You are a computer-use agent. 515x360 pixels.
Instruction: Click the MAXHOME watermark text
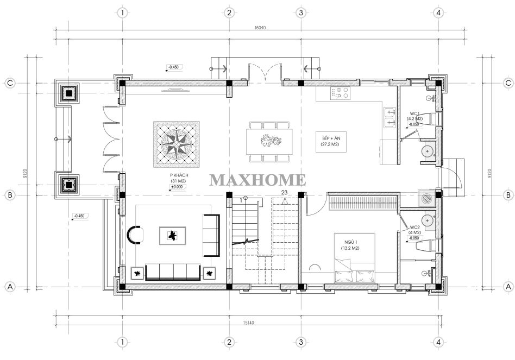point(257,180)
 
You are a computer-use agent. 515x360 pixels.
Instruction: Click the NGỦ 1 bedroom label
point(351,244)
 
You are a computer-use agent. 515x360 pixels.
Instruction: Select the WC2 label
point(414,229)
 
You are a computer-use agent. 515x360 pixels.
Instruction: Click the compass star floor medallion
point(177,144)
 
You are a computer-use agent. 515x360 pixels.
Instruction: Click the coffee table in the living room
point(172,236)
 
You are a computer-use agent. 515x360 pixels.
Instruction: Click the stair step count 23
point(285,193)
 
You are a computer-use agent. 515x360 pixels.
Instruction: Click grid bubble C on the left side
point(10,83)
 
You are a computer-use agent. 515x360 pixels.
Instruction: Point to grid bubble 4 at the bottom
point(438,342)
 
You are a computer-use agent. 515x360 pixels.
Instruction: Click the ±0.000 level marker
point(178,187)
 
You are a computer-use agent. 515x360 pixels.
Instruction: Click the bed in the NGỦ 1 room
point(354,271)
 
